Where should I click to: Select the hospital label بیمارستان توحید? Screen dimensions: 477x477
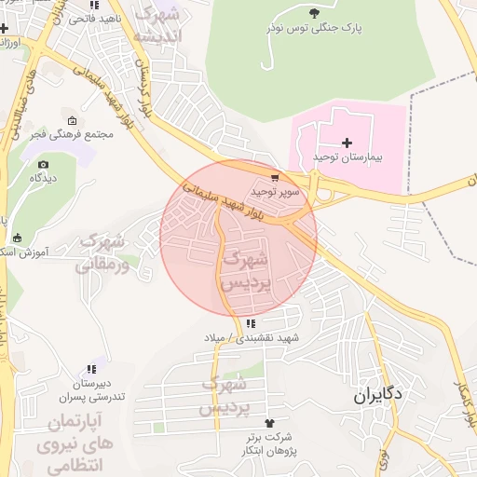(x=348, y=159)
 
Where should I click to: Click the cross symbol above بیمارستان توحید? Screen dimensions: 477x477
(x=348, y=143)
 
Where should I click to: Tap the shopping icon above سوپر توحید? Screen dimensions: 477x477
(x=274, y=176)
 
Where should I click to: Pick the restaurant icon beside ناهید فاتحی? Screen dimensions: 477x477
(x=54, y=18)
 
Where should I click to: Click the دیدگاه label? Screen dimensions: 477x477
(x=43, y=177)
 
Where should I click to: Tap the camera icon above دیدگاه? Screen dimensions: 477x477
(x=43, y=164)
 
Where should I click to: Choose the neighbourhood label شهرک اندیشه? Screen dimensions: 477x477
(x=159, y=25)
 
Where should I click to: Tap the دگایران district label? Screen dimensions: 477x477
(x=378, y=395)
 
